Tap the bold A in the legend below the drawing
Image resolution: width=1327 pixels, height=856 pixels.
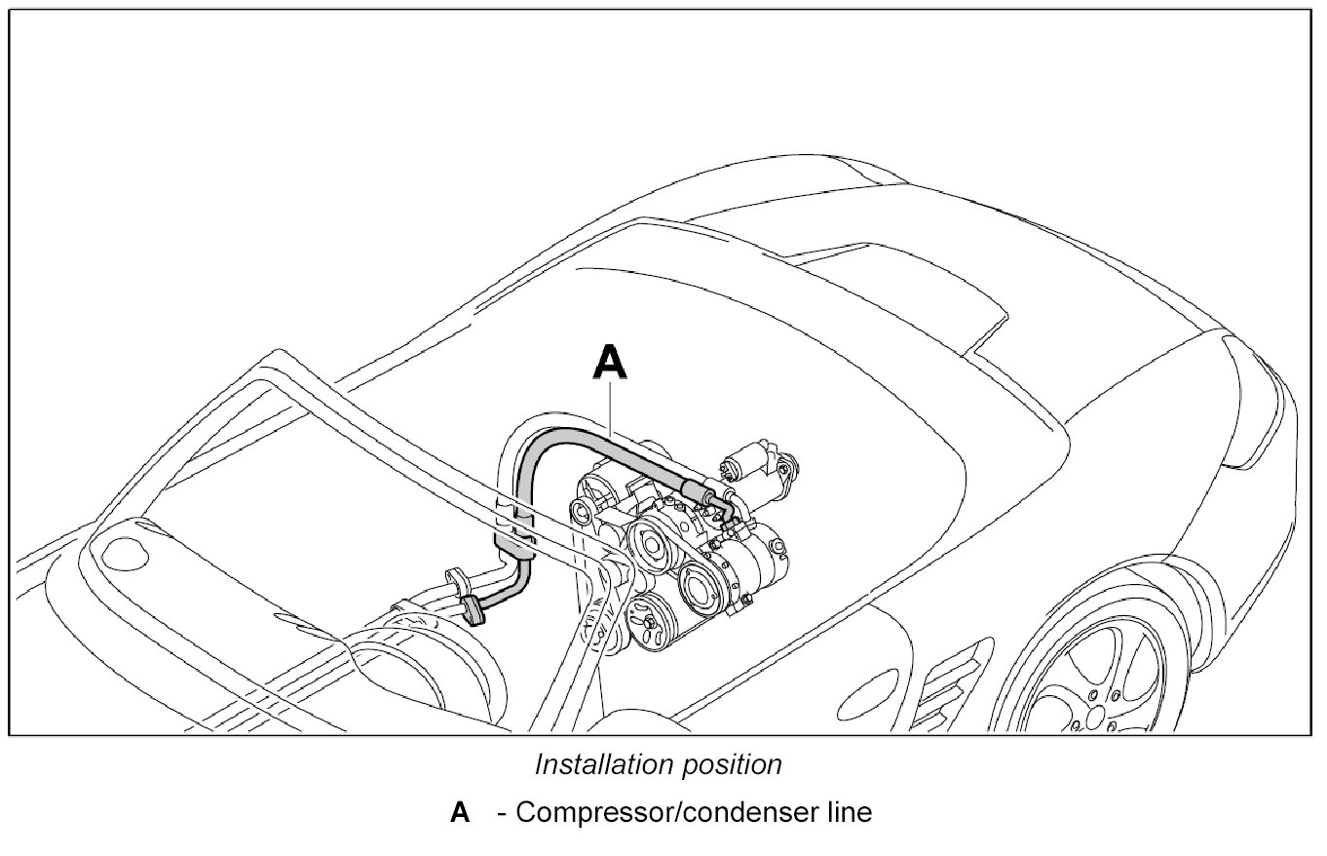click(460, 812)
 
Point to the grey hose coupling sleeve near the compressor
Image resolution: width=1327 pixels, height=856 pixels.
click(695, 487)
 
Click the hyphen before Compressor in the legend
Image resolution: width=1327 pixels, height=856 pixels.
click(501, 813)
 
